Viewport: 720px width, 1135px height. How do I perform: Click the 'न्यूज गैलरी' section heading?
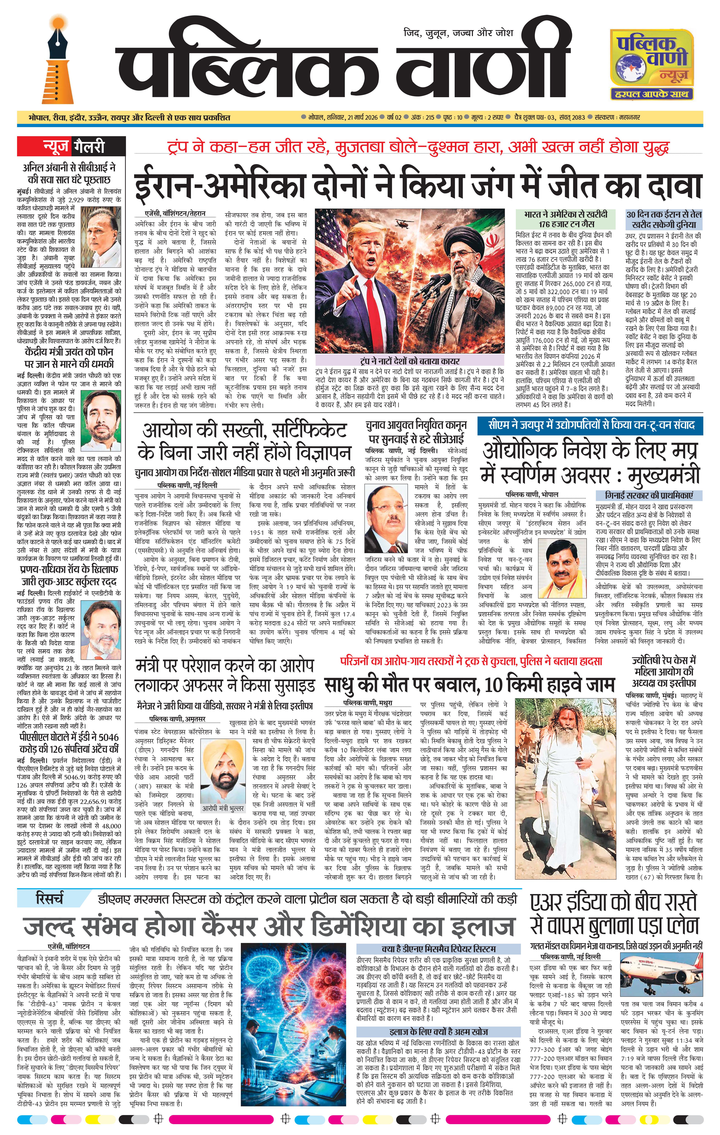71,146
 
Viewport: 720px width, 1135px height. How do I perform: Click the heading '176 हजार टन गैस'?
566,224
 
